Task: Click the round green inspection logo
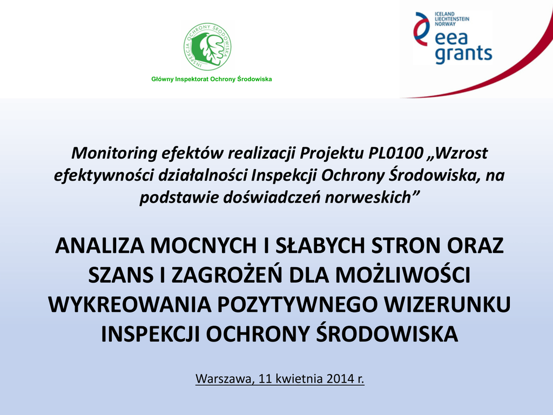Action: pos(207,47)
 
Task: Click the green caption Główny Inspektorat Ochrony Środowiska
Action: pos(212,79)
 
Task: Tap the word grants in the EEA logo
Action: pos(463,54)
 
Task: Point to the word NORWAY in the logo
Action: pos(445,24)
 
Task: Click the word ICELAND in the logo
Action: pos(445,14)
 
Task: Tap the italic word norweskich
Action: pos(368,197)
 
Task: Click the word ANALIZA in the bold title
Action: pos(100,246)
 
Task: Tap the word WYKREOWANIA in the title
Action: pos(130,305)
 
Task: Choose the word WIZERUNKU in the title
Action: pos(448,305)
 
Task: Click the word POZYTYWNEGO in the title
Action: pos(298,305)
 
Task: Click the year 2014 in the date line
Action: pos(340,379)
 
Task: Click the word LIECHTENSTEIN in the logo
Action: pos(452,19)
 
